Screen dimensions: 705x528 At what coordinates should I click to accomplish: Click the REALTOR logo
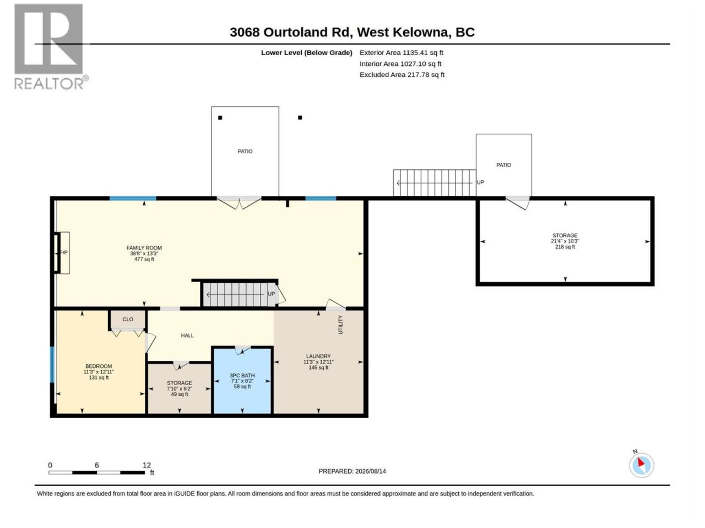pyautogui.click(x=51, y=47)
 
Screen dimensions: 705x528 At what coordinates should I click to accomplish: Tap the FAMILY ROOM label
pyautogui.click(x=144, y=248)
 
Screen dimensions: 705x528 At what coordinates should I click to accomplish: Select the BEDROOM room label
pyautogui.click(x=99, y=366)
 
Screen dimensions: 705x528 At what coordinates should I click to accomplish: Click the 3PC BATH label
pyautogui.click(x=242, y=376)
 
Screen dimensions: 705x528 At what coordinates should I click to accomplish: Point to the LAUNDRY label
pyautogui.click(x=318, y=356)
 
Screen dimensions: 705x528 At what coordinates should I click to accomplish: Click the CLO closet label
pyautogui.click(x=128, y=320)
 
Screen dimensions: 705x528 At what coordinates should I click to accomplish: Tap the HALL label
pyautogui.click(x=187, y=335)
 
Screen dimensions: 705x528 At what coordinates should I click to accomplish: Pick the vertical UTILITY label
pyautogui.click(x=341, y=324)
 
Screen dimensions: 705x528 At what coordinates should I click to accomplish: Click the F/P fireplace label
pyautogui.click(x=63, y=252)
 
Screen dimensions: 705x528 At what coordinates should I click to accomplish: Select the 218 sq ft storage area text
pyautogui.click(x=565, y=246)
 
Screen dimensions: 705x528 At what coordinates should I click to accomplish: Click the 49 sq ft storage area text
pyautogui.click(x=179, y=394)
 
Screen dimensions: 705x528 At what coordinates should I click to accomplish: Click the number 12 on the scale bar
pyautogui.click(x=147, y=465)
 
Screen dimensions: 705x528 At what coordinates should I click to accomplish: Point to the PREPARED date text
pyautogui.click(x=352, y=471)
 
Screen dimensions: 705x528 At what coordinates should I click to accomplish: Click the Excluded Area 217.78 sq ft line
pyautogui.click(x=402, y=75)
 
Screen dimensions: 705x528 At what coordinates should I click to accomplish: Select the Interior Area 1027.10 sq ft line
pyautogui.click(x=400, y=64)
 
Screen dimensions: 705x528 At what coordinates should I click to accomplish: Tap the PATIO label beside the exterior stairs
pyautogui.click(x=503, y=165)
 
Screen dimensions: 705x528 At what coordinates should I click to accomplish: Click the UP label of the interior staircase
pyautogui.click(x=272, y=294)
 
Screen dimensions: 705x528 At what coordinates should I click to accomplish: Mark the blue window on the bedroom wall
pyautogui.click(x=52, y=365)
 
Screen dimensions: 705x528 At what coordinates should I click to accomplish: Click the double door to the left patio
pyautogui.click(x=239, y=202)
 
